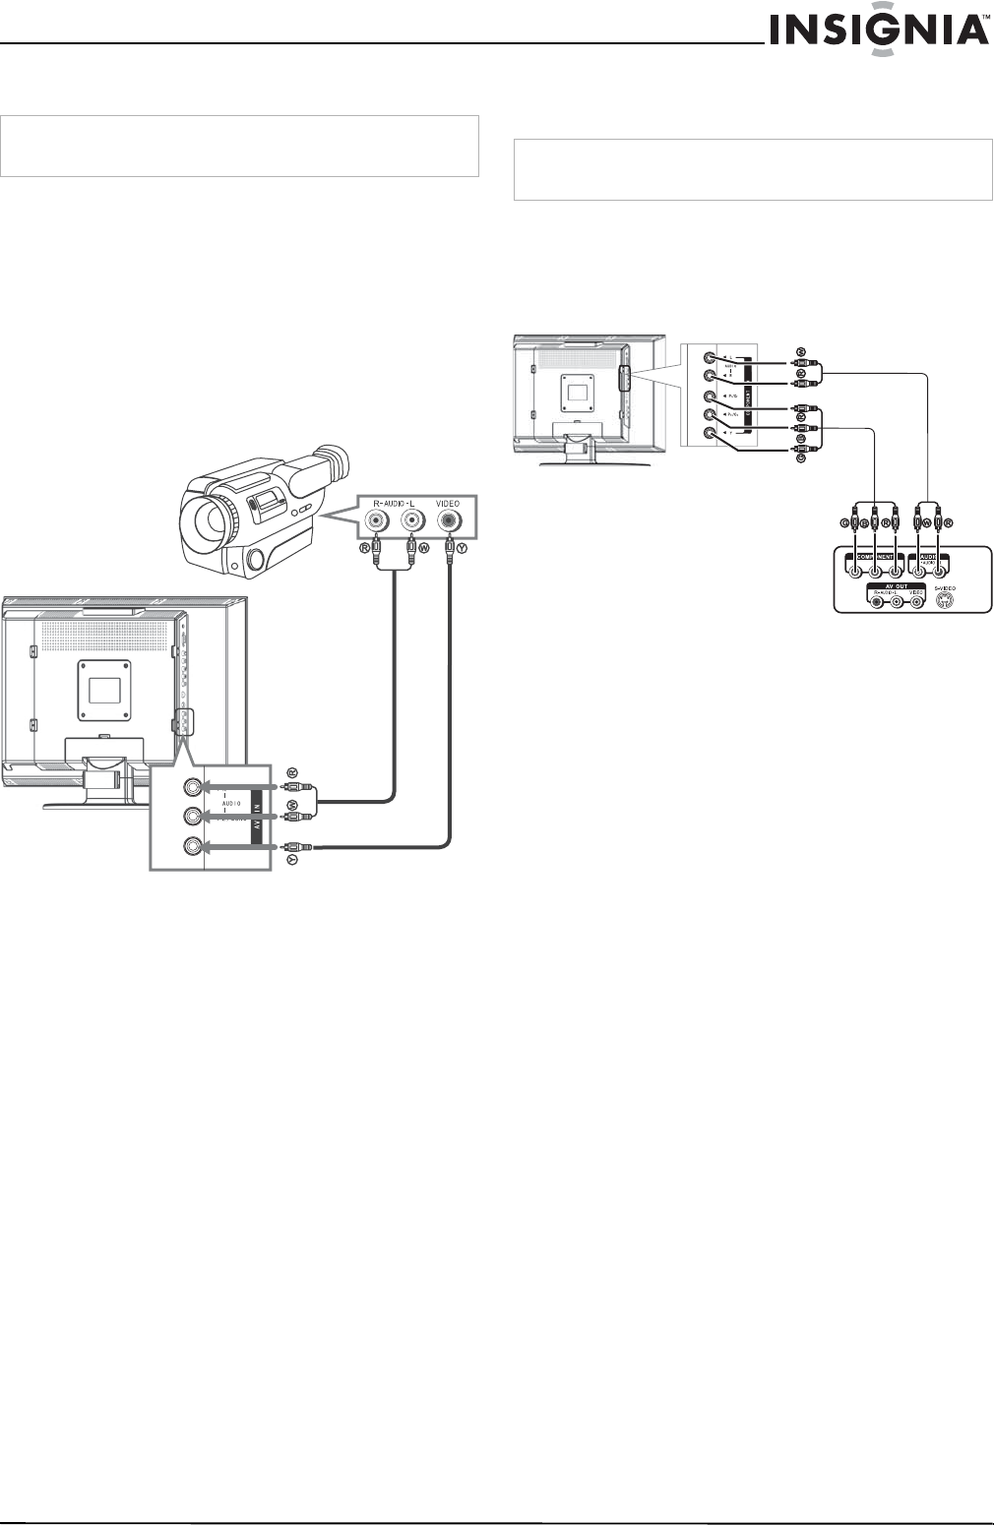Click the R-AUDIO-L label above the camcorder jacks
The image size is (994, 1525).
(x=394, y=504)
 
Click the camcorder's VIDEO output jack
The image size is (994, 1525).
(x=450, y=522)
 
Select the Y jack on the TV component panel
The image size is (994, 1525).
(x=708, y=434)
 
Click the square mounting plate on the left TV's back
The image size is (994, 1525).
(x=103, y=689)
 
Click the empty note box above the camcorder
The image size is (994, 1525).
(x=239, y=146)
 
